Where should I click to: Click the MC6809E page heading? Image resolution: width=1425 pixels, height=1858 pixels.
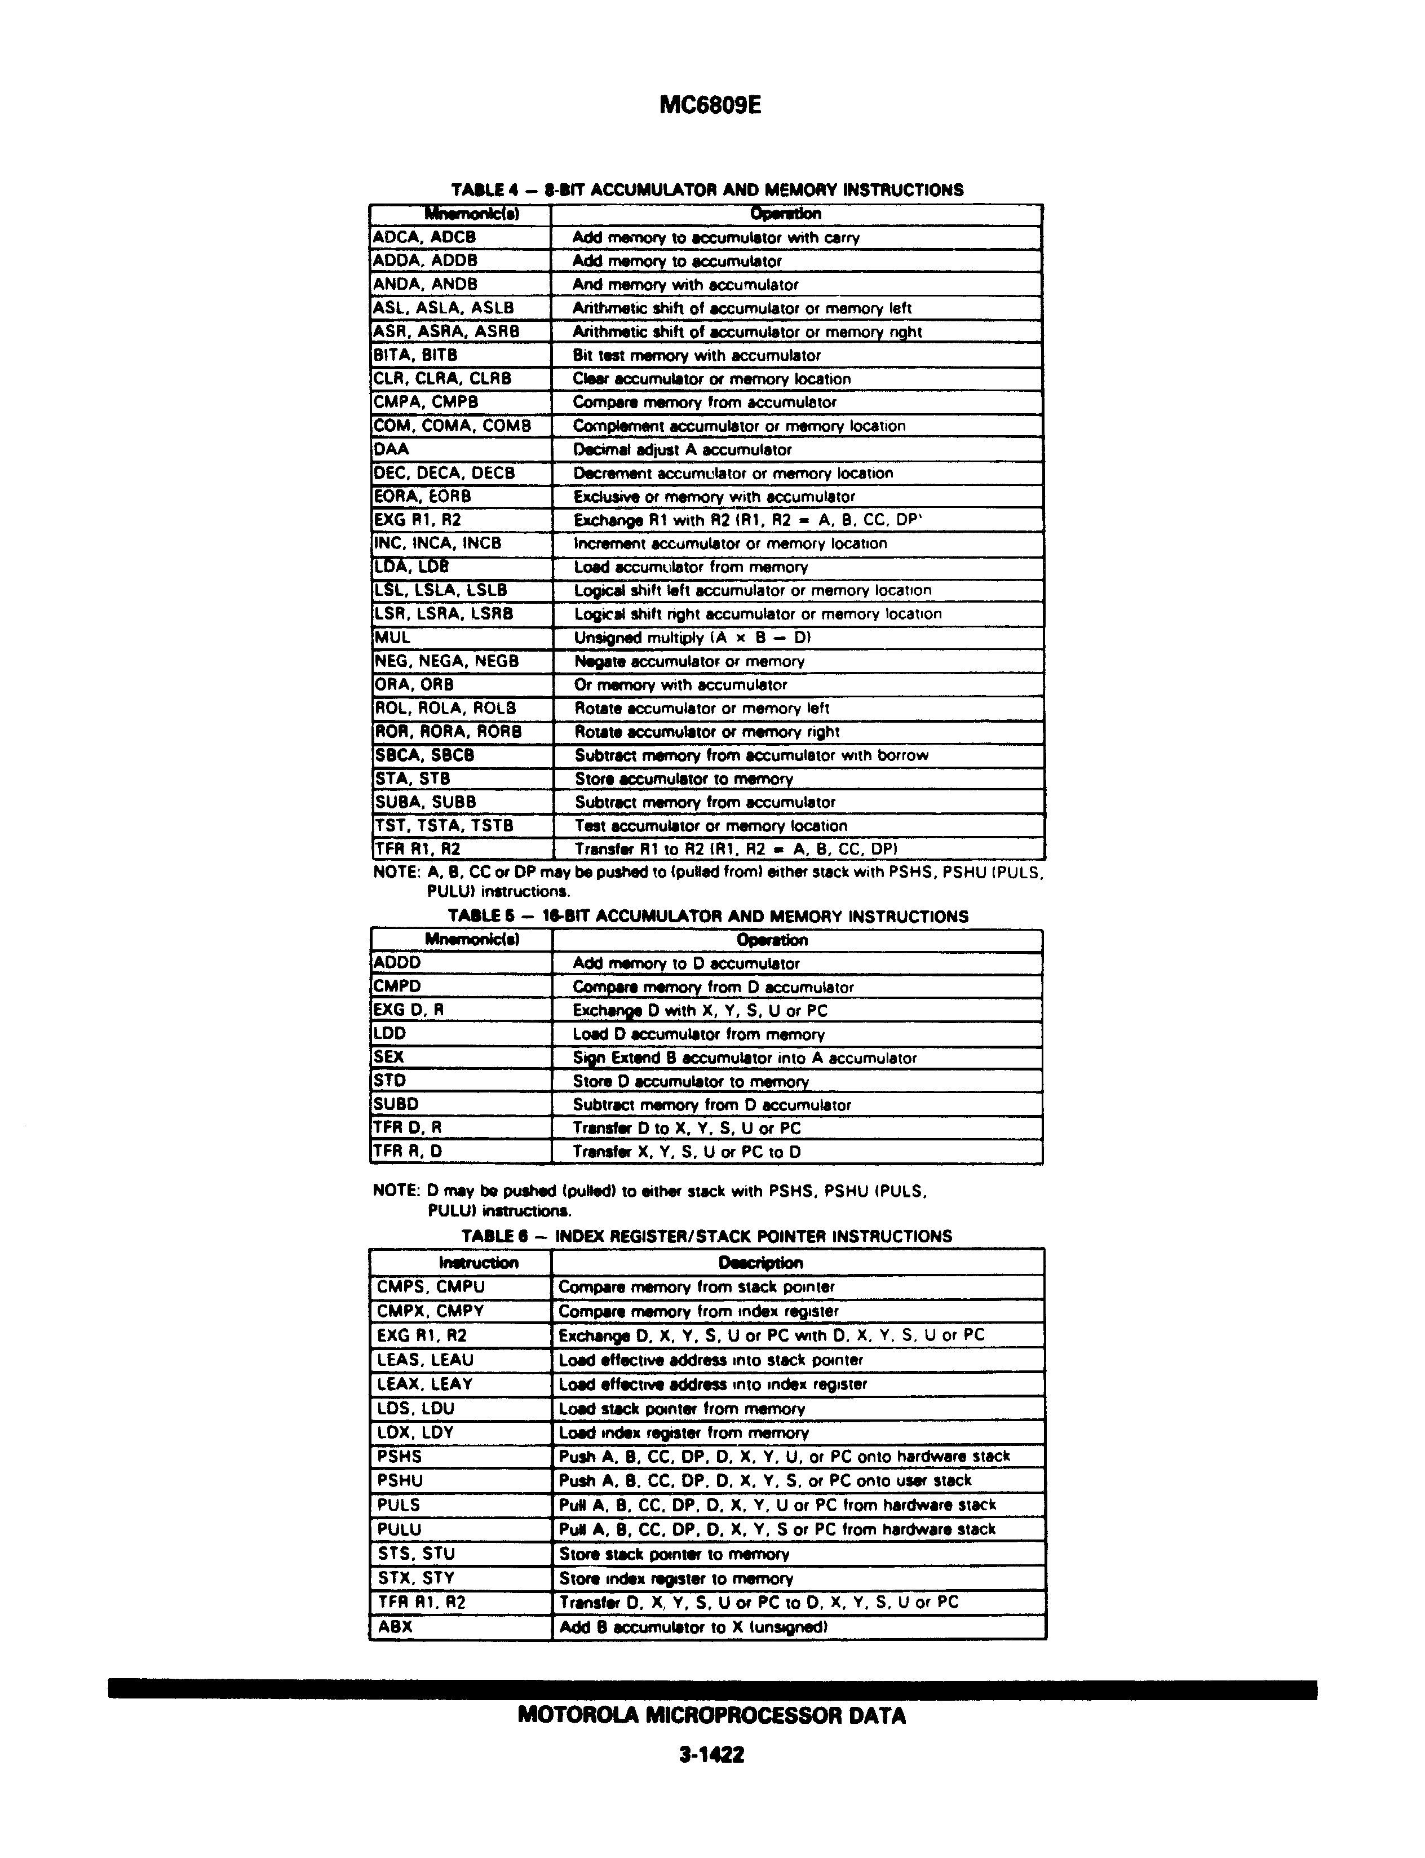pyautogui.click(x=711, y=105)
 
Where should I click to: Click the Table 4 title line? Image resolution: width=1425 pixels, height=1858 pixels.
pyautogui.click(x=707, y=190)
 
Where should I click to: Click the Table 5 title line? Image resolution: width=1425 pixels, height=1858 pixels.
pyautogui.click(x=707, y=917)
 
